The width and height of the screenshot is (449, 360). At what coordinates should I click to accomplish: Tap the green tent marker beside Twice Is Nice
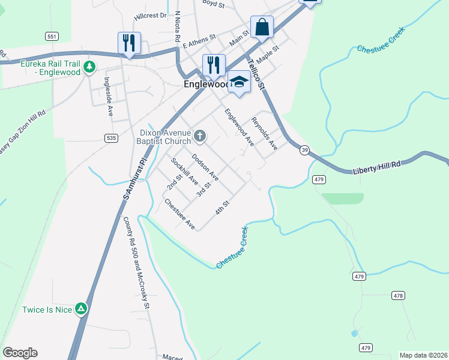coord(81,309)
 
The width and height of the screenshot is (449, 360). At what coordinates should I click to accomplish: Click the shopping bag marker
coord(262,27)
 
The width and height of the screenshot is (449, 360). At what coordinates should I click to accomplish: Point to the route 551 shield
coord(52,37)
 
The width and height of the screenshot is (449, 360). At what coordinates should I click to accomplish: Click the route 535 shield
coord(110,137)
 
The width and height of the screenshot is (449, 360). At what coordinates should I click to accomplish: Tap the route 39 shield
coord(305,151)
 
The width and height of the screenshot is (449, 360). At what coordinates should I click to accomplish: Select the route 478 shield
coord(397,295)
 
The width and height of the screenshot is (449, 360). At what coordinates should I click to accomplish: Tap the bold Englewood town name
coord(204,85)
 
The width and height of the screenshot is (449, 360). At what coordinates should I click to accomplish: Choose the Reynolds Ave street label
coord(264,133)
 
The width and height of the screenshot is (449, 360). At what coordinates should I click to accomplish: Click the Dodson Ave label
coord(205,167)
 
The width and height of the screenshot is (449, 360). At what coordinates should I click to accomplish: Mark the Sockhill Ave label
coord(184,170)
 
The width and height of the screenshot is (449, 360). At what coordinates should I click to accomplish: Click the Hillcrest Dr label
coord(151,16)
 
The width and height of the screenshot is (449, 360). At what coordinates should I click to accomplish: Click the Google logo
coord(20,353)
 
